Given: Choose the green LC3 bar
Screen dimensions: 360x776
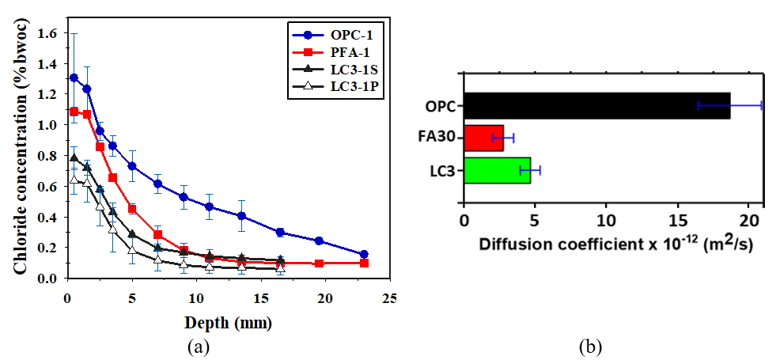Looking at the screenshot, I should point(497,170).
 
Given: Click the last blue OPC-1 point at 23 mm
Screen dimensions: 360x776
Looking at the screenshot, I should point(364,255).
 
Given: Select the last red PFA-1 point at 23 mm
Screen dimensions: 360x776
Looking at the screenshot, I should point(364,263).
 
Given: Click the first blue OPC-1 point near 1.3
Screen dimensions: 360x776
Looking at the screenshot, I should point(74,78).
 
